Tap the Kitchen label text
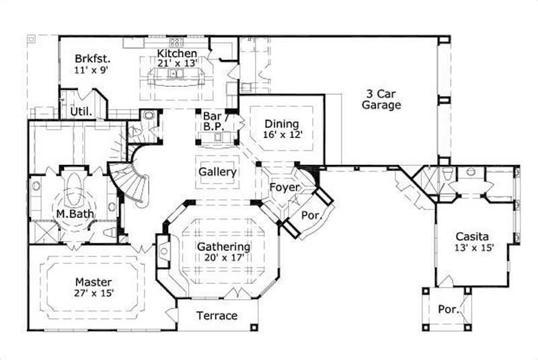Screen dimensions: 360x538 pos(177,53)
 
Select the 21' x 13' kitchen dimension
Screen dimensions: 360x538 pos(177,64)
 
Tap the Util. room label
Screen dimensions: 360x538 pos(81,112)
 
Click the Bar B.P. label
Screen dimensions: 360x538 pos(213,121)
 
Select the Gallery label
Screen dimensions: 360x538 pos(217,172)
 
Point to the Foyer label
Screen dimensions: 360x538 pos(284,187)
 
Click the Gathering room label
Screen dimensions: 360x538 pos(224,246)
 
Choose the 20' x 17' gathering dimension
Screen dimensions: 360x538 pos(224,257)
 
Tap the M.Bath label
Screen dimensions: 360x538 pos(75,215)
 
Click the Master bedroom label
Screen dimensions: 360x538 pos(93,282)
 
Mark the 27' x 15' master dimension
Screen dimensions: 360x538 pos(93,293)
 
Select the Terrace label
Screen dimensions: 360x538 pos(217,316)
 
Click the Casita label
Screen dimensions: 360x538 pos(473,236)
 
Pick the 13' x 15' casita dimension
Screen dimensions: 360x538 pos(473,248)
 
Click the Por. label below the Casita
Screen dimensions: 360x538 pos(449,310)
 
